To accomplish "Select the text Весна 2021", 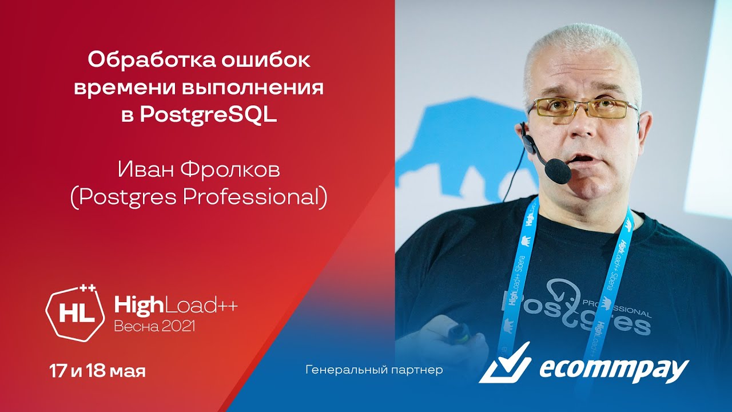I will (x=154, y=327).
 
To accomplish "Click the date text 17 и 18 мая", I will (x=97, y=371).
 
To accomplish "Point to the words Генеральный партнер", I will (x=375, y=370).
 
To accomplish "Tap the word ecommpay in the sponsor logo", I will (x=614, y=368).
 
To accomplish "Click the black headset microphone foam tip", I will (x=558, y=171).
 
